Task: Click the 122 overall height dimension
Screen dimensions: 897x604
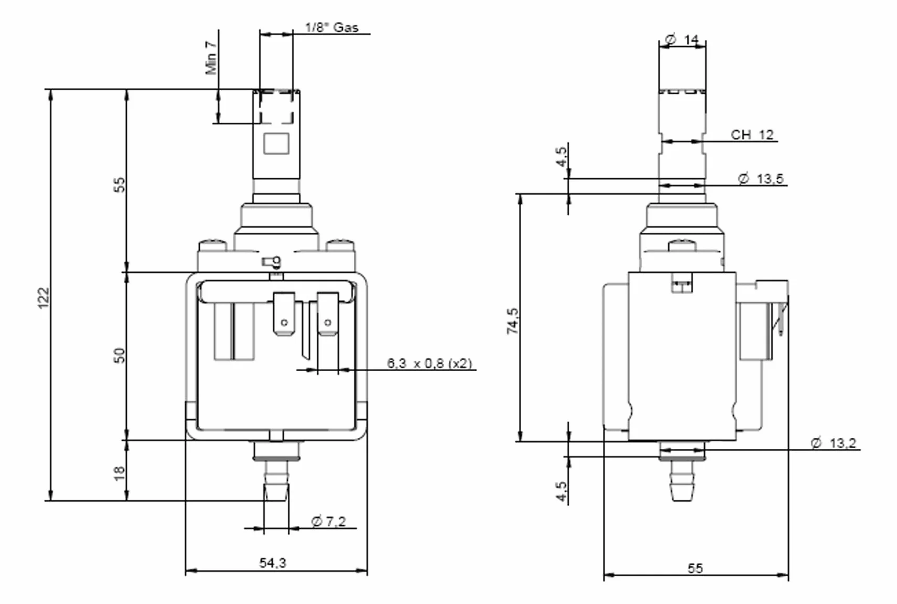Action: (43, 298)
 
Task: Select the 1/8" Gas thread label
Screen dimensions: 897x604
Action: (331, 27)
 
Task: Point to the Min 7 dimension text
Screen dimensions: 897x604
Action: (211, 58)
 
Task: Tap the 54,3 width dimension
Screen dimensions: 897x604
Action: (273, 563)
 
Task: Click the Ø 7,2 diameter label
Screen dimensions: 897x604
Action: (328, 522)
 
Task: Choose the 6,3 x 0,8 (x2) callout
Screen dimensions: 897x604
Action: (430, 363)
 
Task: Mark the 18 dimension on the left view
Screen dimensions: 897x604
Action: (120, 473)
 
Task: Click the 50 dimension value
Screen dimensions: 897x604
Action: (120, 355)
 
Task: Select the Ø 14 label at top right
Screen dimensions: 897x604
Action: (682, 40)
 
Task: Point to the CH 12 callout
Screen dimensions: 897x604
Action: (752, 135)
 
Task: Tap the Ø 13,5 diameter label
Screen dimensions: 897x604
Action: (761, 179)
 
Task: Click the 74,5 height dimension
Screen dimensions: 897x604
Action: (513, 321)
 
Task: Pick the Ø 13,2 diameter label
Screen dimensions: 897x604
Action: (834, 443)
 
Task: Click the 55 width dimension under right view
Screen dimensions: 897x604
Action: (695, 568)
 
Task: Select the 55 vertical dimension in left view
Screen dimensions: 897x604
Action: (120, 185)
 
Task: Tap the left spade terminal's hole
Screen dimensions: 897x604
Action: (284, 322)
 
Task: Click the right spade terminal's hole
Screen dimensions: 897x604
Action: (328, 322)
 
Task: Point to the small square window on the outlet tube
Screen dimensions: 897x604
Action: (276, 144)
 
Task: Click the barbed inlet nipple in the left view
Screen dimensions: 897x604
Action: (276, 481)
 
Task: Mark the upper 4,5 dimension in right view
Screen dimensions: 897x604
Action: (562, 157)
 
